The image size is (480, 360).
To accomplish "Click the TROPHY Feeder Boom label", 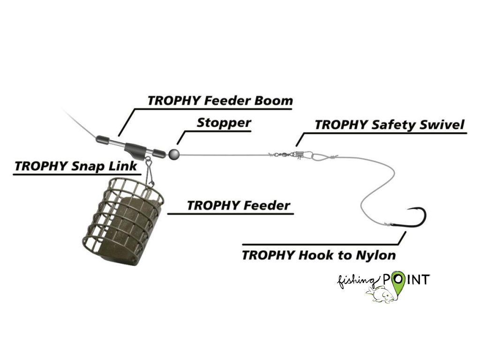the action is [x=220, y=101].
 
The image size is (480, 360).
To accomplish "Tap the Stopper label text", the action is [x=224, y=123].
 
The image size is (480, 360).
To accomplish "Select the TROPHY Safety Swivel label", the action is [x=389, y=125].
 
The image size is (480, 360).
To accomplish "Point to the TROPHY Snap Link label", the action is [x=76, y=166].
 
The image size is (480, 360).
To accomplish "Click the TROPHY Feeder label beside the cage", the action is [x=238, y=205].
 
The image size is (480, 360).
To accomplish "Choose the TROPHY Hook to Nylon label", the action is [x=318, y=255].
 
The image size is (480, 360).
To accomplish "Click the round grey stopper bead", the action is [x=174, y=153].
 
